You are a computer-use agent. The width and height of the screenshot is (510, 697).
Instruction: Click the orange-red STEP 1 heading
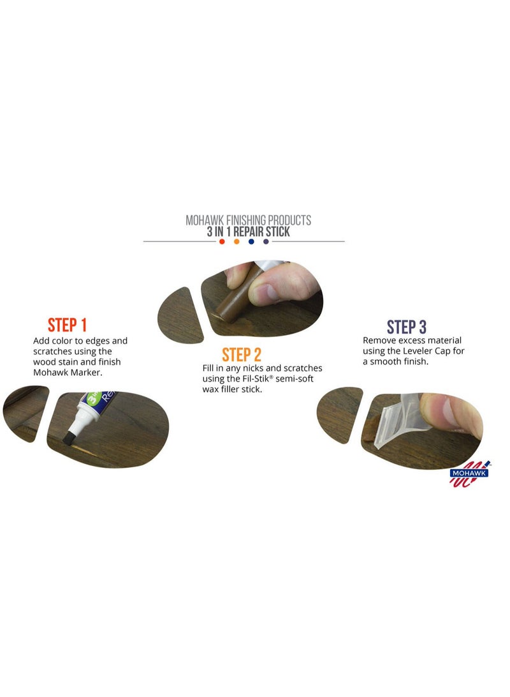(67, 325)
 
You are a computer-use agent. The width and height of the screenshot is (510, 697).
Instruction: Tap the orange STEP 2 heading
(242, 355)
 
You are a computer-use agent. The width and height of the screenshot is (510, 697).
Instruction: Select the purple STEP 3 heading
(406, 327)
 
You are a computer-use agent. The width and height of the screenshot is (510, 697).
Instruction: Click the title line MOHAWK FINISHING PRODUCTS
(248, 220)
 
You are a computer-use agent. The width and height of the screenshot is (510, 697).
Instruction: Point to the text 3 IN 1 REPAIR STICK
(248, 232)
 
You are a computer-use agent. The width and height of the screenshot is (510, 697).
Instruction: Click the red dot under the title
(222, 242)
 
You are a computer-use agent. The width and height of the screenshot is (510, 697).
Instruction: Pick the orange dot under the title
(237, 242)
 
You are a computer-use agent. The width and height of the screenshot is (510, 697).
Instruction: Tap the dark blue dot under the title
(251, 242)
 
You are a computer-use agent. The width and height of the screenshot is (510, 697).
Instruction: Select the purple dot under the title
(266, 242)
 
